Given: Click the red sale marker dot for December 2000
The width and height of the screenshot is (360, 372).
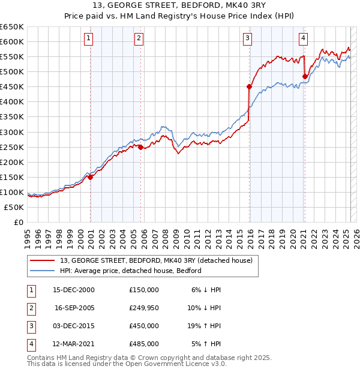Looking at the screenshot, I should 90,177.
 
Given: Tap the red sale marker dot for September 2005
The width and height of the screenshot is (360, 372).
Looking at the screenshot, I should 140,147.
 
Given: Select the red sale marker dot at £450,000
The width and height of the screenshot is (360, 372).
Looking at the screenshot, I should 248,86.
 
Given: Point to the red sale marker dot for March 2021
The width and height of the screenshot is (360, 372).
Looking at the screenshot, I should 305,76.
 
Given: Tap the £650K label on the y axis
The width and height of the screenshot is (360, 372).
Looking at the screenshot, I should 12,27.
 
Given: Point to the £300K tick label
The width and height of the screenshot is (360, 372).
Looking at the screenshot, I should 12,132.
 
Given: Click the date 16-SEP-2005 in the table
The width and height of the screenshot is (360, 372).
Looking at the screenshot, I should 74,308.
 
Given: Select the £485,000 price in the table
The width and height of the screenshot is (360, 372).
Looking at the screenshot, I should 144,344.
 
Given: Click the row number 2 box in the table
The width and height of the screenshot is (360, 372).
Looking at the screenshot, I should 31,308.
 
